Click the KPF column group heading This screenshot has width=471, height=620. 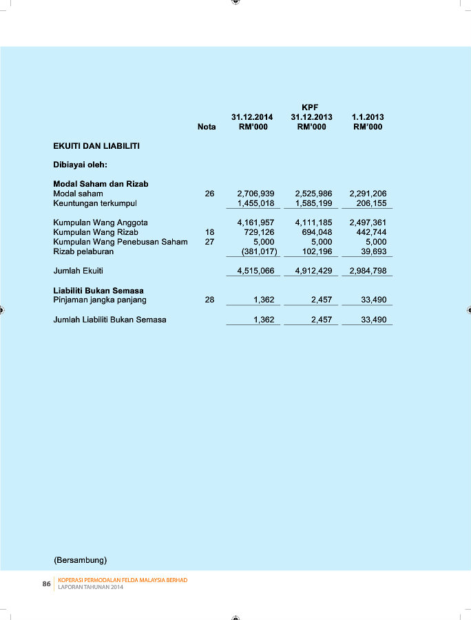(309, 107)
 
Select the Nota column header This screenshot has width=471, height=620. (207, 127)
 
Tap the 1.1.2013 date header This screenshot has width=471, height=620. (368, 117)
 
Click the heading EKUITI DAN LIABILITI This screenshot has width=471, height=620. (96, 146)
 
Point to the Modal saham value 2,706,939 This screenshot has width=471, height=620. (255, 194)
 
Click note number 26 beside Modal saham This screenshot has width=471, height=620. (209, 194)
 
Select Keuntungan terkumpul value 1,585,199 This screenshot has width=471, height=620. (313, 204)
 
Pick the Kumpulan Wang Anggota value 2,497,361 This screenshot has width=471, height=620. (368, 223)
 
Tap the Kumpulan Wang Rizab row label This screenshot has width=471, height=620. (96, 232)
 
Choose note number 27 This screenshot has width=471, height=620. (209, 242)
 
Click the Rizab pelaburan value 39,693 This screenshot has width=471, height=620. (373, 251)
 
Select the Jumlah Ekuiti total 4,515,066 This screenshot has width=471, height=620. (255, 271)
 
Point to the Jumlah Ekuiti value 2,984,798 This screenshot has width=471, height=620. (368, 271)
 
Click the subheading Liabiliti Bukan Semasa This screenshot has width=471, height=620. (98, 291)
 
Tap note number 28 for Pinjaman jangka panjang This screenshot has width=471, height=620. (209, 300)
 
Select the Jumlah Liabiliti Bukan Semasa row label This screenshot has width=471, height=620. (109, 320)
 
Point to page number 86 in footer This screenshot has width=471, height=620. (47, 583)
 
